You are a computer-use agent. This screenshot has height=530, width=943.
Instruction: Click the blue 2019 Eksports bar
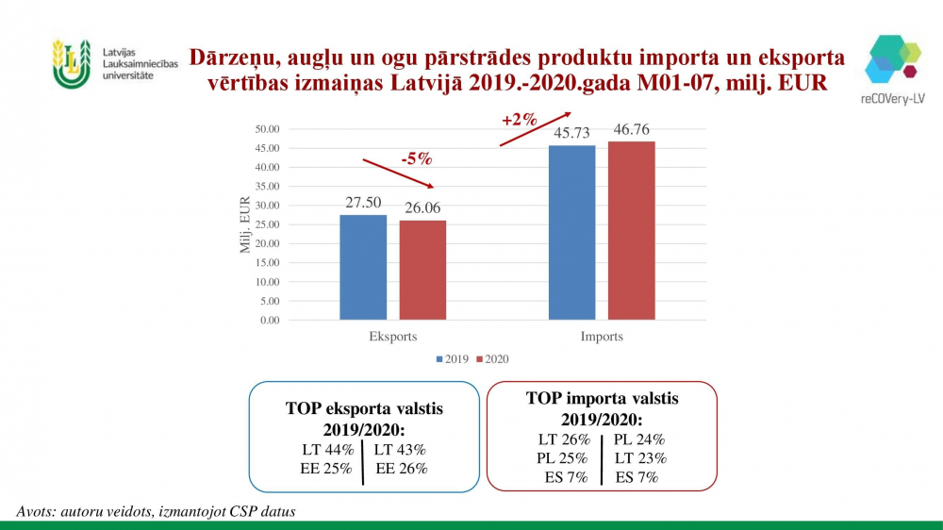pos(363,267)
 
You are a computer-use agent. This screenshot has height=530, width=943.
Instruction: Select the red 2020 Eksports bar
pos(422,270)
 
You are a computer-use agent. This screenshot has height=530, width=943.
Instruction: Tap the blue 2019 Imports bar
pos(571,232)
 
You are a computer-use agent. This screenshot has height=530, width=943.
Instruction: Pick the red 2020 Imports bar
pos(631,230)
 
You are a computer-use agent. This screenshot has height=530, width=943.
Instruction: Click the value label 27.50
pos(363,204)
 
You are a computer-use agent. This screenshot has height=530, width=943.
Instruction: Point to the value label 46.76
pos(631,130)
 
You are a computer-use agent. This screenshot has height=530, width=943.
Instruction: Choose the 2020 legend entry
pos(494,359)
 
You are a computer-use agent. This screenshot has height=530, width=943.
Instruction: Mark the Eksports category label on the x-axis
pos(392,337)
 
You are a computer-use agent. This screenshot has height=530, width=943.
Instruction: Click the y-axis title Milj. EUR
pos(246,224)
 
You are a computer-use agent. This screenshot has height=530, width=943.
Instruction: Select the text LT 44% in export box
pos(322,450)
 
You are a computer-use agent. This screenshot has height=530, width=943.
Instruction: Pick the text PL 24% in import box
pos(639,439)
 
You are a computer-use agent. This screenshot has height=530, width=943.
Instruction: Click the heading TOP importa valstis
pos(602,399)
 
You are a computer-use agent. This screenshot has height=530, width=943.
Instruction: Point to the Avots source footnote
pos(156,511)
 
